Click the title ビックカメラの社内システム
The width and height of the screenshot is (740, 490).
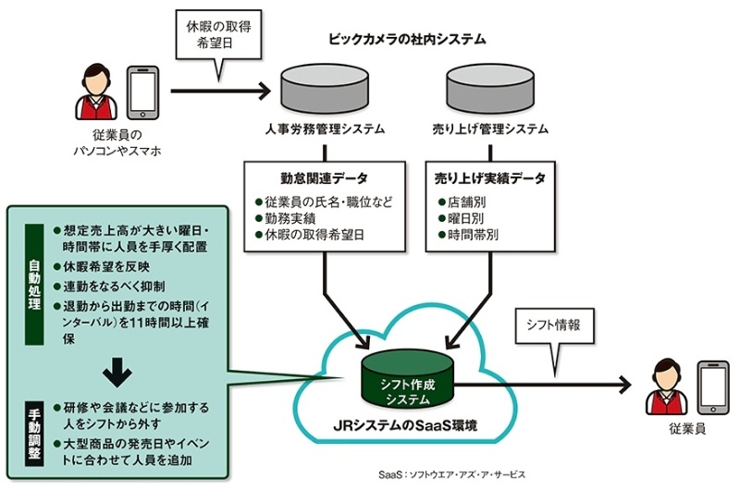tap(407, 40)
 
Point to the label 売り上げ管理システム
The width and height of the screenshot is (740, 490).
tap(490, 129)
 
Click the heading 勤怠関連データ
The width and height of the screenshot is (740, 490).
tap(322, 177)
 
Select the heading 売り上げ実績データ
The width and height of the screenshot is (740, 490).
tap(490, 177)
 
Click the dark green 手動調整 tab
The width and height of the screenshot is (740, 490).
tap(31, 433)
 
